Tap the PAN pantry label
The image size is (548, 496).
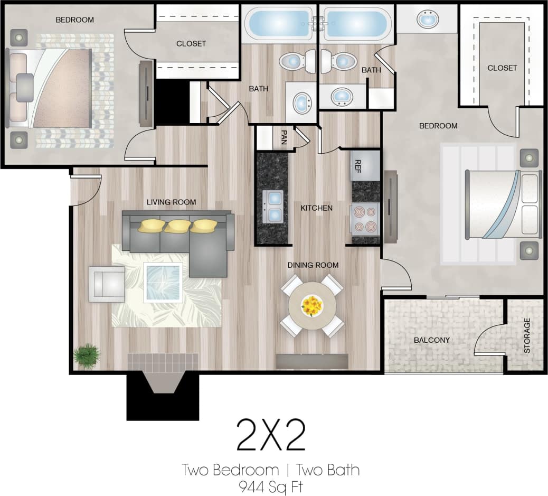coord(284,137)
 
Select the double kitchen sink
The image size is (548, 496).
coord(272,206)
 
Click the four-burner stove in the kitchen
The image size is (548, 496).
coord(365,219)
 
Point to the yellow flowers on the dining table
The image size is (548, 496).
coord(311,305)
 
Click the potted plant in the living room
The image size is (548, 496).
coord(87,356)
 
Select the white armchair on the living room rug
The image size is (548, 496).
coord(107,284)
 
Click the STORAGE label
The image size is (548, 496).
coord(526,335)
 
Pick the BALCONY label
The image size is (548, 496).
coord(431,340)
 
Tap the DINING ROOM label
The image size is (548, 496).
coord(313,265)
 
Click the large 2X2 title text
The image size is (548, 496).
coord(271,435)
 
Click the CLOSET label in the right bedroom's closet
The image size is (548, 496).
coord(502,68)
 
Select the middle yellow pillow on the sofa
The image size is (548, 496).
coord(177,226)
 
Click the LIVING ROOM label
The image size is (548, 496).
coord(171,202)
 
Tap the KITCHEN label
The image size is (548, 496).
coord(316,208)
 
